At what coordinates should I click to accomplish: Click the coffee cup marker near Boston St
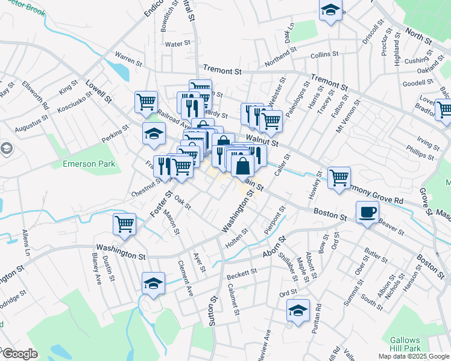(x=367, y=212)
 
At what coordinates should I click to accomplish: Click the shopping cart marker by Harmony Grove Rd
(x=339, y=177)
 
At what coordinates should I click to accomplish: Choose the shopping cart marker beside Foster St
(x=124, y=224)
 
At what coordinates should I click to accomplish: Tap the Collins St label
(x=324, y=55)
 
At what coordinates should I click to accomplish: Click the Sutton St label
(x=213, y=310)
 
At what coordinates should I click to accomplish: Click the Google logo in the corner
(x=19, y=354)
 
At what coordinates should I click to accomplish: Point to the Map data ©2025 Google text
(x=414, y=356)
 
